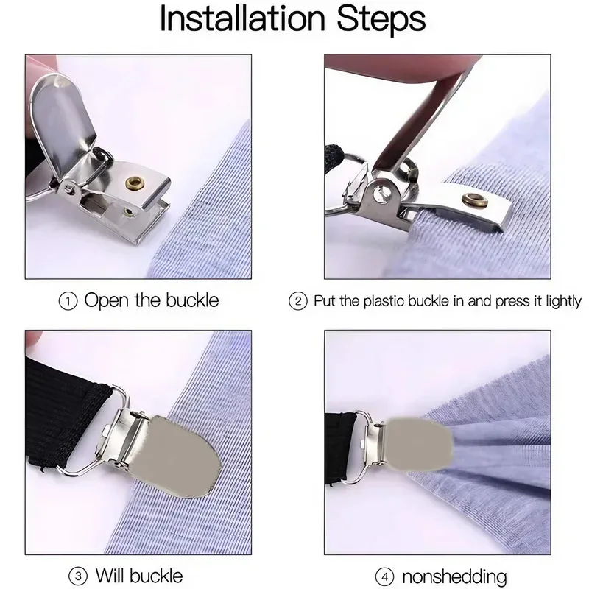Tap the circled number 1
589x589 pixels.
pyautogui.click(x=68, y=301)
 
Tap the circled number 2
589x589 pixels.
pyautogui.click(x=298, y=301)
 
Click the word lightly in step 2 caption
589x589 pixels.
pyautogui.click(x=560, y=301)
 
